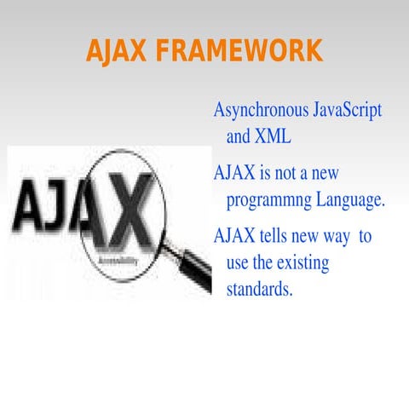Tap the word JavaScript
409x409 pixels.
348,112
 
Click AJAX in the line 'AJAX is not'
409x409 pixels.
234,174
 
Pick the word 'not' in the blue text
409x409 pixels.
289,174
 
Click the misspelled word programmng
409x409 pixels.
274,201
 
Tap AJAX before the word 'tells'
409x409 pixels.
234,236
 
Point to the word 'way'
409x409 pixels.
334,236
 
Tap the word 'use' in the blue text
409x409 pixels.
239,263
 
